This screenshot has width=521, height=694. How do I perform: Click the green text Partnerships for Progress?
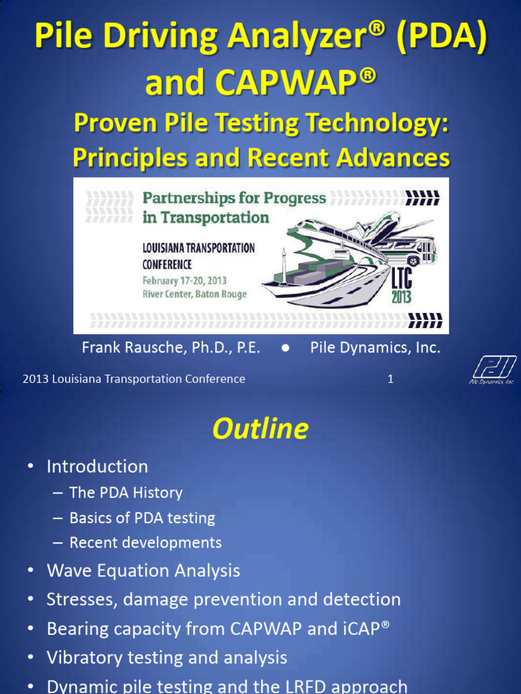pyautogui.click(x=234, y=198)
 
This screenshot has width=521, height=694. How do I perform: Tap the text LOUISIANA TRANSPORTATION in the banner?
pyautogui.click(x=198, y=248)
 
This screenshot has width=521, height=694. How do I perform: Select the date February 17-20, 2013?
pyautogui.click(x=185, y=281)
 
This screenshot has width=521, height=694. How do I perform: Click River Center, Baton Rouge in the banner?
pyautogui.click(x=195, y=294)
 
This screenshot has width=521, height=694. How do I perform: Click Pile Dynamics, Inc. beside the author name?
pyautogui.click(x=375, y=348)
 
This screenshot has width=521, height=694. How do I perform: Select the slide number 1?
pyautogui.click(x=391, y=380)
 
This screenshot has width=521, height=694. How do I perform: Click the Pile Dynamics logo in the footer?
pyautogui.click(x=493, y=370)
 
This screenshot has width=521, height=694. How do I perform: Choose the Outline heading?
pyautogui.click(x=260, y=429)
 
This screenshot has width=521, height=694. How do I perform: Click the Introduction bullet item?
pyautogui.click(x=97, y=466)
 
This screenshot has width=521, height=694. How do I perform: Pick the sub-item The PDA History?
pyautogui.click(x=126, y=493)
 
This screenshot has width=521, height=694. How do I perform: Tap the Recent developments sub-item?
pyautogui.click(x=145, y=543)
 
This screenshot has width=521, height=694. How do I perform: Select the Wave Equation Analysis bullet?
pyautogui.click(x=143, y=571)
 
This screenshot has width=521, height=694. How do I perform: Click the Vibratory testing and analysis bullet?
pyautogui.click(x=167, y=657)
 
